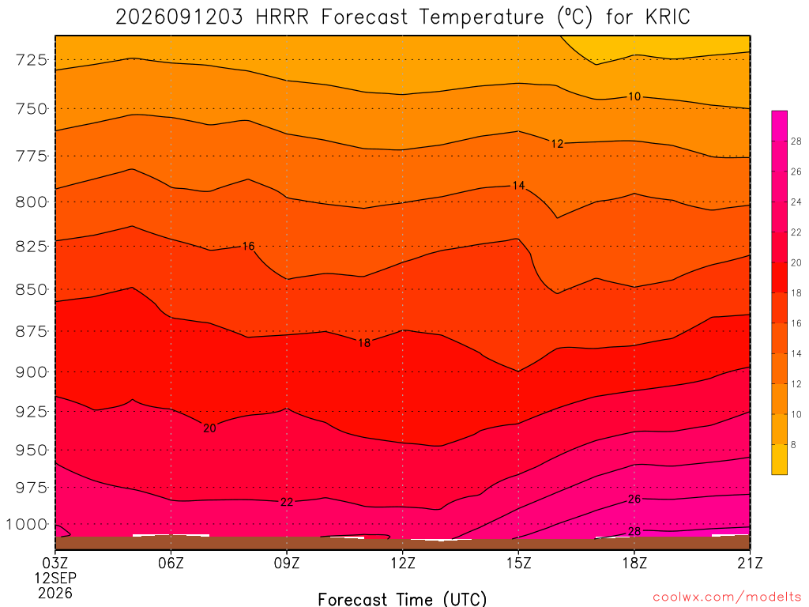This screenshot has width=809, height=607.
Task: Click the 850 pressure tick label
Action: coord(32,289)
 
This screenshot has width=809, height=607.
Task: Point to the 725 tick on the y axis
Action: coord(32,60)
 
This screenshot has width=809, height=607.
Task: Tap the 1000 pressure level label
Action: coord(27,525)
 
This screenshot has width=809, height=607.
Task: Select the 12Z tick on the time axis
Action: coord(402,563)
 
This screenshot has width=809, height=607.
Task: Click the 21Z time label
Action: coord(750,563)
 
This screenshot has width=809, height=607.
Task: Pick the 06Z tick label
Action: coord(171,563)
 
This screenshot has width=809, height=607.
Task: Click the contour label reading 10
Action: coord(634,96)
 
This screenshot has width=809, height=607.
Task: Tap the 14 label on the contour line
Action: coord(518,185)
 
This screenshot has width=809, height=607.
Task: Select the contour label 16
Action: coord(248,247)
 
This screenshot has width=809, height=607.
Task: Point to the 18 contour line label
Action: coord(364,343)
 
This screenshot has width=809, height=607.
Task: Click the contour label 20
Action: coord(209,428)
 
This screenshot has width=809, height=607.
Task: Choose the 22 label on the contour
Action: coord(287,502)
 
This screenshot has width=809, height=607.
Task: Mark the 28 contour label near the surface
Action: coord(634,532)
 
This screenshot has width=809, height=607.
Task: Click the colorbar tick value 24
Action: coord(796,202)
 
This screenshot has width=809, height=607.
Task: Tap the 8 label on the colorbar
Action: coord(793,444)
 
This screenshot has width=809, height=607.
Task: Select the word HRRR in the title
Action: coord(282,17)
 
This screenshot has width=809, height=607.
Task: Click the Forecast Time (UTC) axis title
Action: coord(402,599)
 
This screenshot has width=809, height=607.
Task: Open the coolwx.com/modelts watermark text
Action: coord(727,598)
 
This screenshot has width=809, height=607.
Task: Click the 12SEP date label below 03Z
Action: coord(55,578)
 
